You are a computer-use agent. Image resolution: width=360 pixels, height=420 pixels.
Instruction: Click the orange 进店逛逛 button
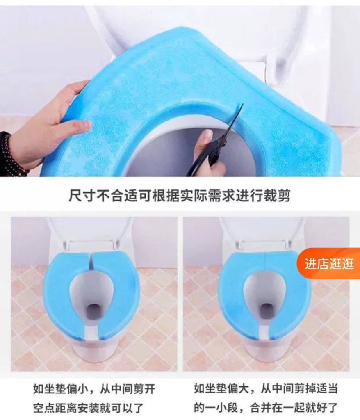click(x=328, y=264)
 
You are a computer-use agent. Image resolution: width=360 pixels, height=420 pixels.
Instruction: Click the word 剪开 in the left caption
click(x=145, y=389)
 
